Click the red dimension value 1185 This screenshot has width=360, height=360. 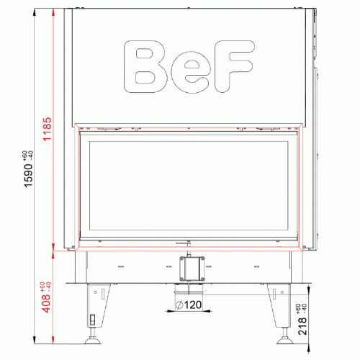coord(47,129)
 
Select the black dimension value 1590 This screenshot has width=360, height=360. coord(28,176)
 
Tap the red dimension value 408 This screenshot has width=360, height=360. coord(47,304)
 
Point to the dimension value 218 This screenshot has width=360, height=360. coord(302,326)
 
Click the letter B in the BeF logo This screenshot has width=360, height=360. coord(145,66)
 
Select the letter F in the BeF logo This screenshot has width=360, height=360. coord(234,66)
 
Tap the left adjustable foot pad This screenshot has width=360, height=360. coord(93,341)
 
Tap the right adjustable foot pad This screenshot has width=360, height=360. coord(285,341)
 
